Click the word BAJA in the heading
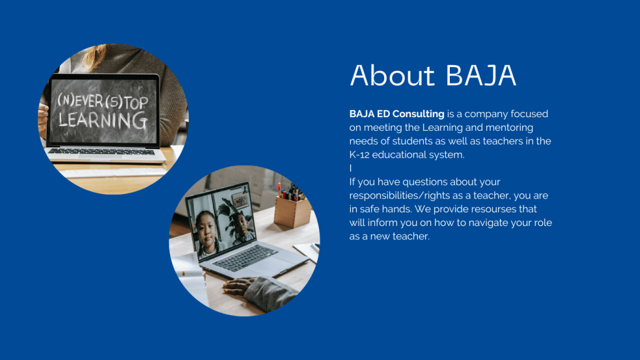tap(481, 75)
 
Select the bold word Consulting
tap(419, 114)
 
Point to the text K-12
tap(359, 155)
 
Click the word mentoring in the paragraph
tap(509, 128)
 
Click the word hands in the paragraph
tap(398, 209)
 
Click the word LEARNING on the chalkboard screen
tap(103, 121)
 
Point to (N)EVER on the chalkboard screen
tap(80, 100)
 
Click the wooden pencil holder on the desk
tap(292, 211)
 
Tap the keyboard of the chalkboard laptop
tap(101, 152)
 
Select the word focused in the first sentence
tap(529, 114)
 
